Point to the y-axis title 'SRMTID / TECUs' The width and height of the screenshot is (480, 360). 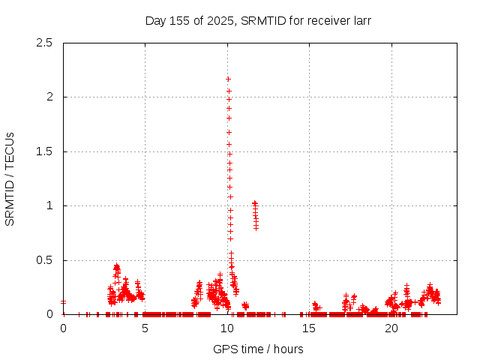10,178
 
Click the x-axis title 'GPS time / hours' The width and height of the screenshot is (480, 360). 258,349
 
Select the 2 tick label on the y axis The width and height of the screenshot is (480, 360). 49,97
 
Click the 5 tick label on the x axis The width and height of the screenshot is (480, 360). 145,328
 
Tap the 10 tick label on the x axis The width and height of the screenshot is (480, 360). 227,328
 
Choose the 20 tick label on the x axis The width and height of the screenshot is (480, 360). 391,328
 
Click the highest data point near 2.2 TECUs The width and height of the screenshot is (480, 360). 228,79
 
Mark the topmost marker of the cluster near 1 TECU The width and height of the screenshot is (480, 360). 255,202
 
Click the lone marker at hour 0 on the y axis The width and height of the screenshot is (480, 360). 63,302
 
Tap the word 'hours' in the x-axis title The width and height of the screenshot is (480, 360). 288,349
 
